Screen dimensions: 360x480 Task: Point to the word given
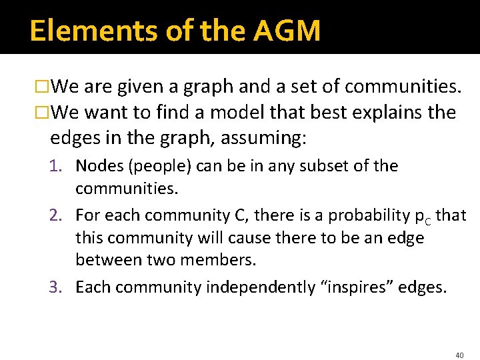[x=139, y=87]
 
